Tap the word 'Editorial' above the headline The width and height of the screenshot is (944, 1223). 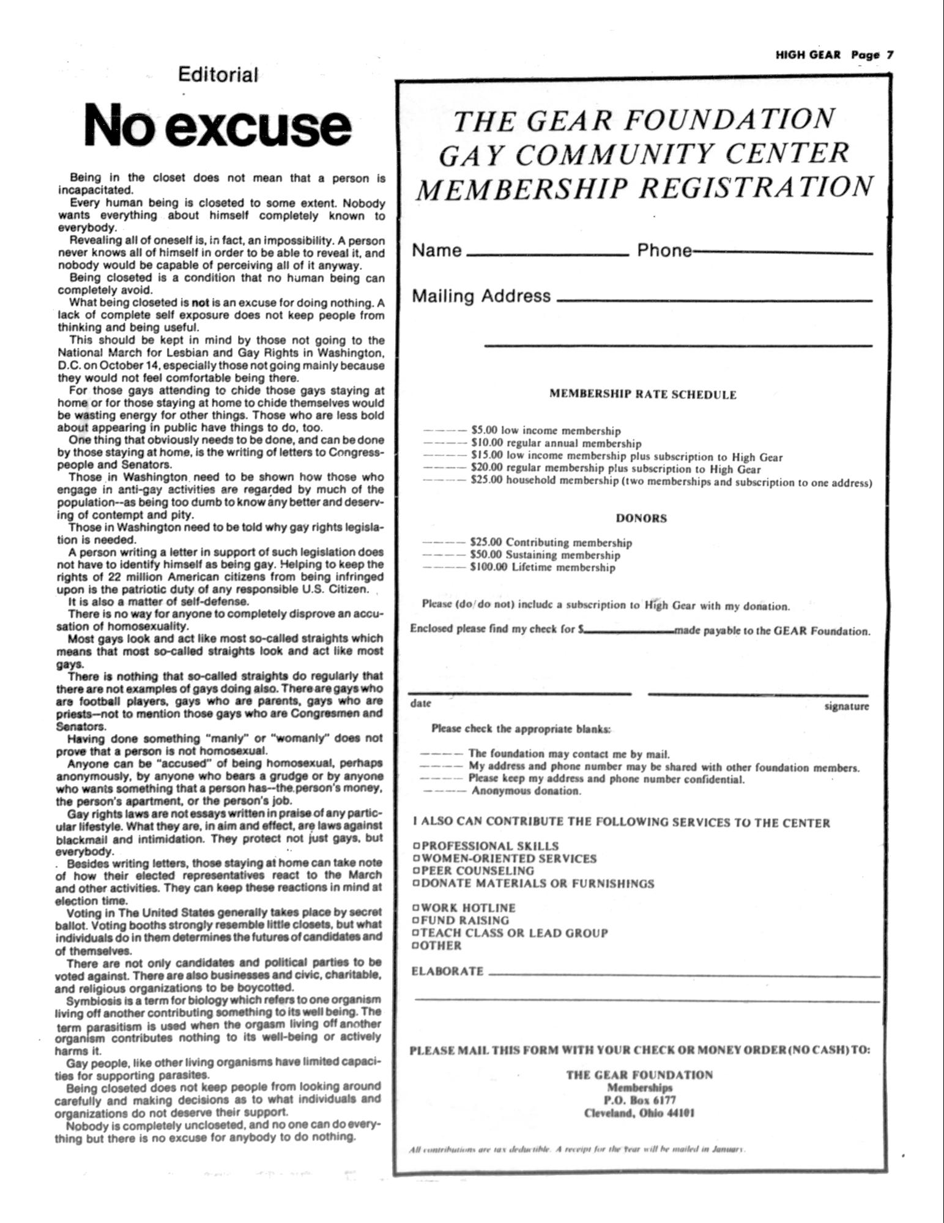tap(218, 75)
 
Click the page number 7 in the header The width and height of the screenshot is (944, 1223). tap(890, 54)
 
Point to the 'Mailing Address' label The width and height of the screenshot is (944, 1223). tap(481, 296)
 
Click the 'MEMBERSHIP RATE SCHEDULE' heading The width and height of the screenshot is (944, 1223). tap(642, 395)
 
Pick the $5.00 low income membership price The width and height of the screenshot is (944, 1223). tap(485, 431)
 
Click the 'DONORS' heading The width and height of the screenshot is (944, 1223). tap(641, 518)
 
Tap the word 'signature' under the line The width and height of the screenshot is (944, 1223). tap(846, 707)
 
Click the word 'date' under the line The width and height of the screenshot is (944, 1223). tap(420, 704)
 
